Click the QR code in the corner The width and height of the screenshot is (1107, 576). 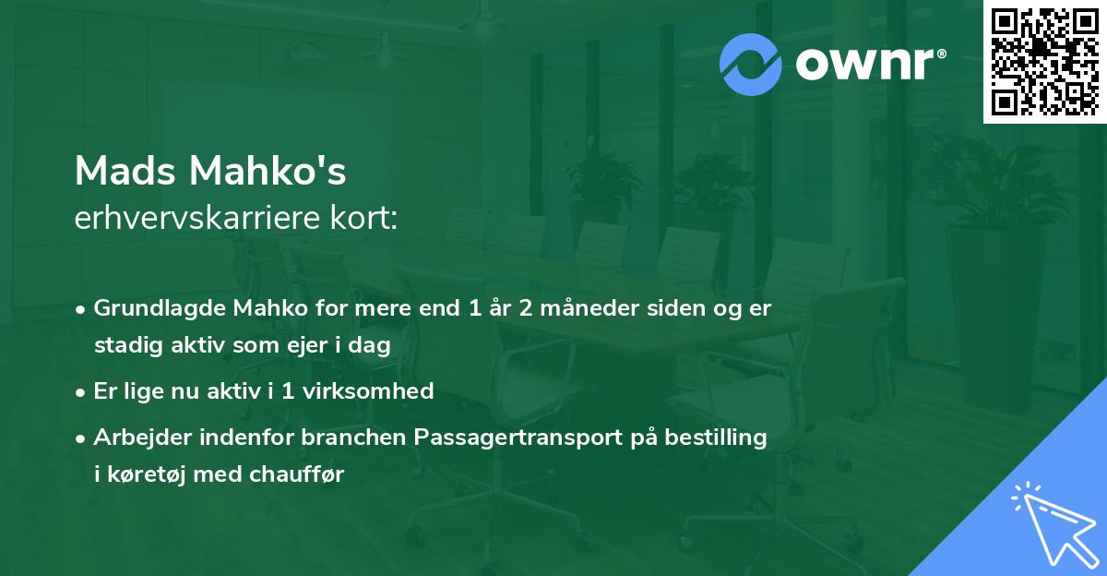[x=1044, y=61]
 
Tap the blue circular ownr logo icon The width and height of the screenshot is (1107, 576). [x=751, y=64]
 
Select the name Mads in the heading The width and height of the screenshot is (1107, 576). [x=126, y=171]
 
